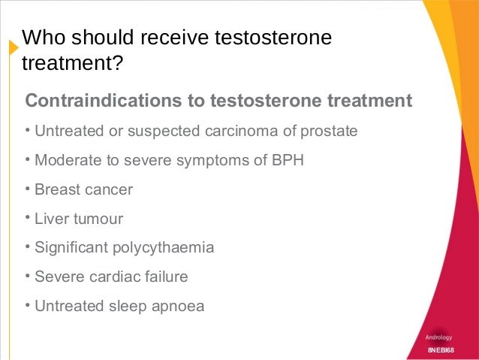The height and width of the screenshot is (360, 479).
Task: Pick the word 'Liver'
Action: point(51,219)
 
